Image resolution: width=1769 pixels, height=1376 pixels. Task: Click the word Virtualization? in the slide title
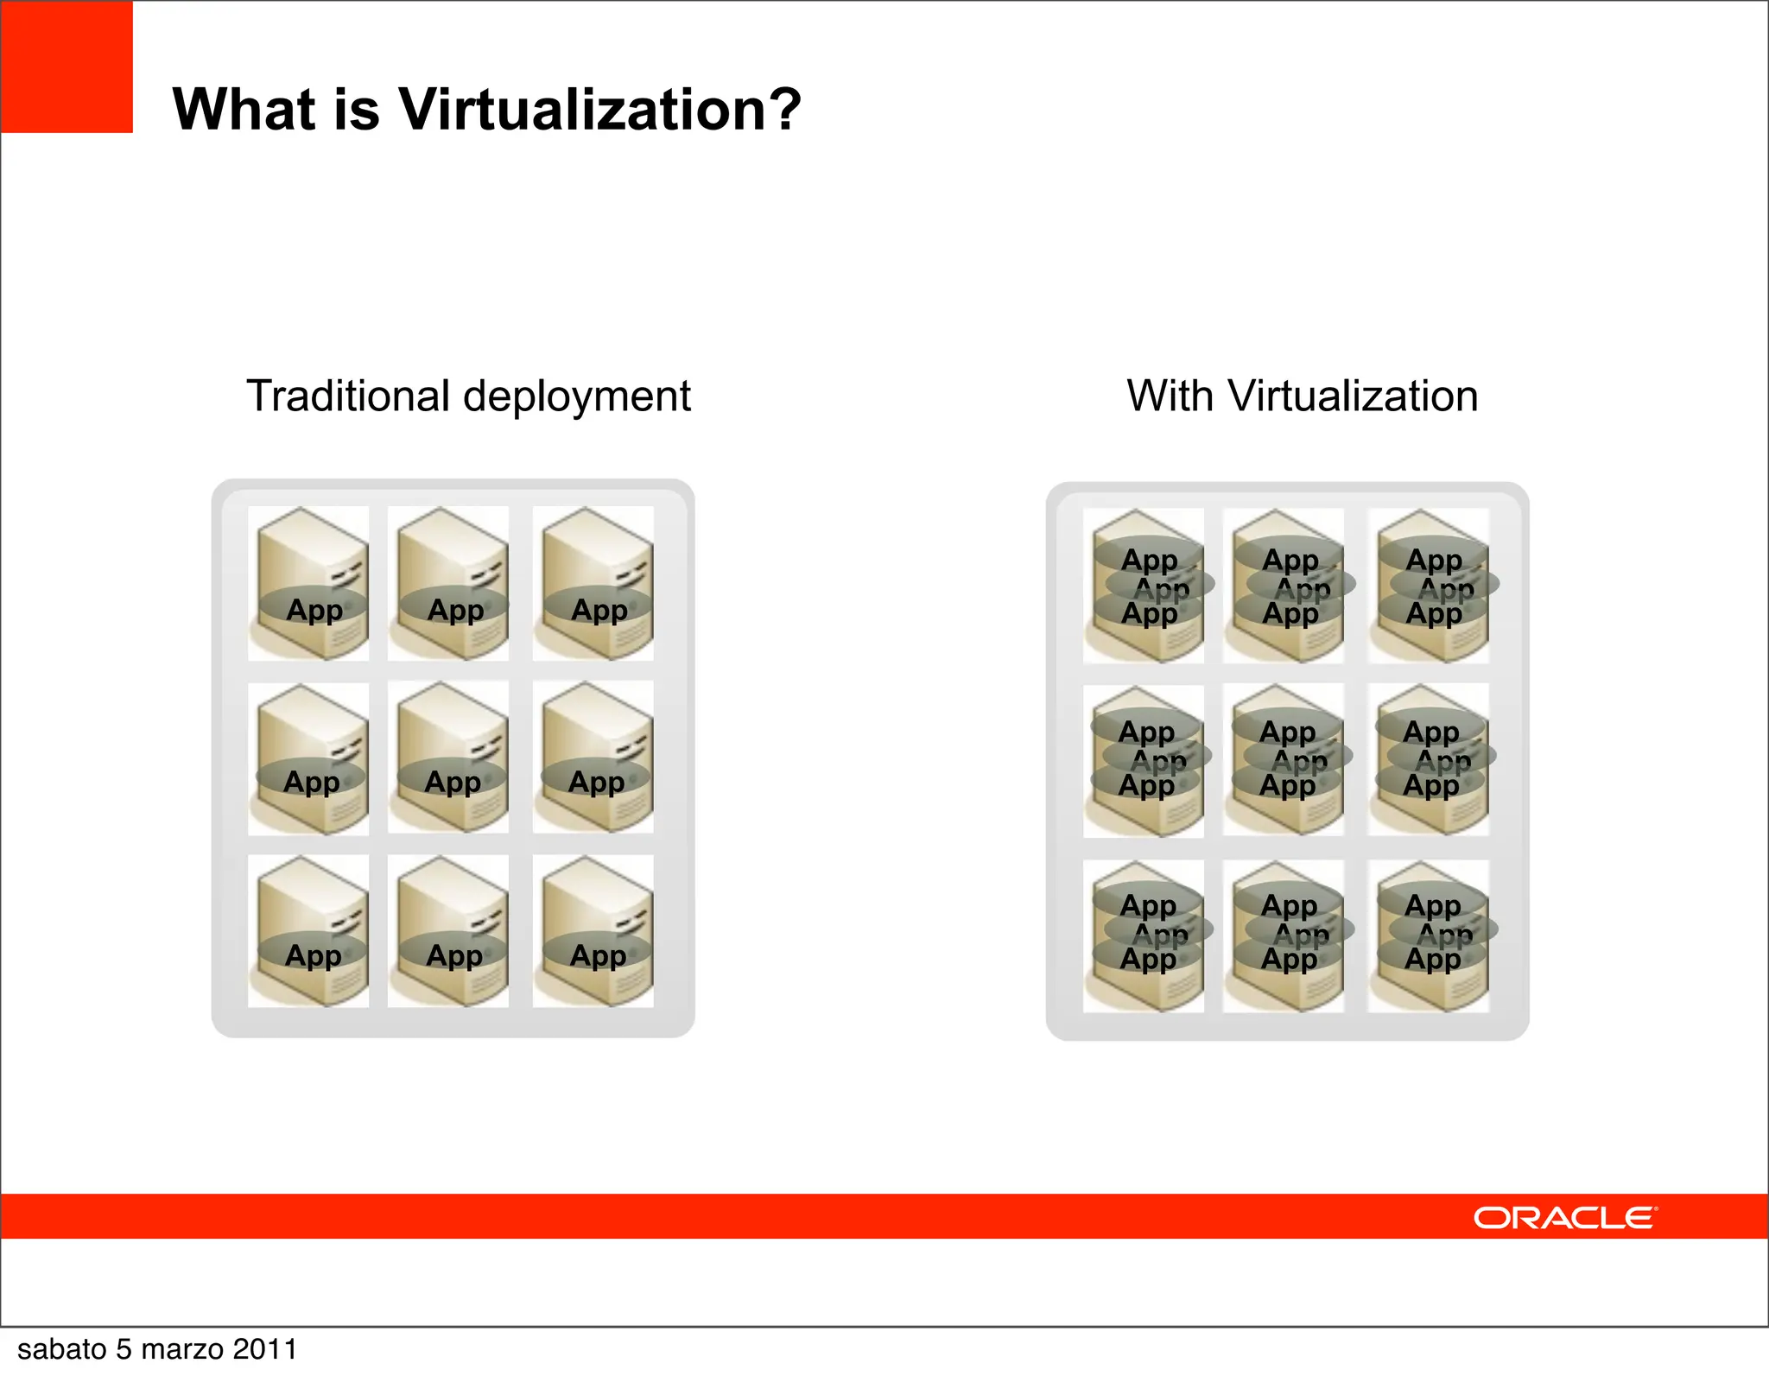pyautogui.click(x=599, y=110)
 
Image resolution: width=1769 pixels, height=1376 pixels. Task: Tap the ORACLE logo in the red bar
pyautogui.click(x=1564, y=1217)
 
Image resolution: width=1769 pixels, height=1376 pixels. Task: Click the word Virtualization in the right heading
pyautogui.click(x=1353, y=396)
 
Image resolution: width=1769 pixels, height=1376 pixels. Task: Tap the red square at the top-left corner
pyautogui.click(x=67, y=67)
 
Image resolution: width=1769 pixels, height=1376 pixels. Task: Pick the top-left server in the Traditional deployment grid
pyautogui.click(x=308, y=583)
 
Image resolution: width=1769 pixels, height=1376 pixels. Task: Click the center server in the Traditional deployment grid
pyautogui.click(x=448, y=758)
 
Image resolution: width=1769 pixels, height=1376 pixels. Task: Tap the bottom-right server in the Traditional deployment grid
pyautogui.click(x=593, y=931)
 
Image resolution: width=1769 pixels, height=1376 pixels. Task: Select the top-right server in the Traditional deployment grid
pyautogui.click(x=593, y=583)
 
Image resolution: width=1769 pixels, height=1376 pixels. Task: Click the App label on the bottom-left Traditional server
pyautogui.click(x=314, y=955)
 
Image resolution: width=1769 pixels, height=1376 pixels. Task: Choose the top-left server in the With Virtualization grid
pyautogui.click(x=1144, y=586)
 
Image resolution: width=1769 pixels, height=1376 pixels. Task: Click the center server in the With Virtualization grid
pyautogui.click(x=1284, y=759)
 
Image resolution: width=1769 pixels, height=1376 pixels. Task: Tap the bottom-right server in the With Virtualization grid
pyautogui.click(x=1429, y=935)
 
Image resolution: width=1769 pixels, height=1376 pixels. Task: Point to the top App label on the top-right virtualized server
pyautogui.click(x=1434, y=560)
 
